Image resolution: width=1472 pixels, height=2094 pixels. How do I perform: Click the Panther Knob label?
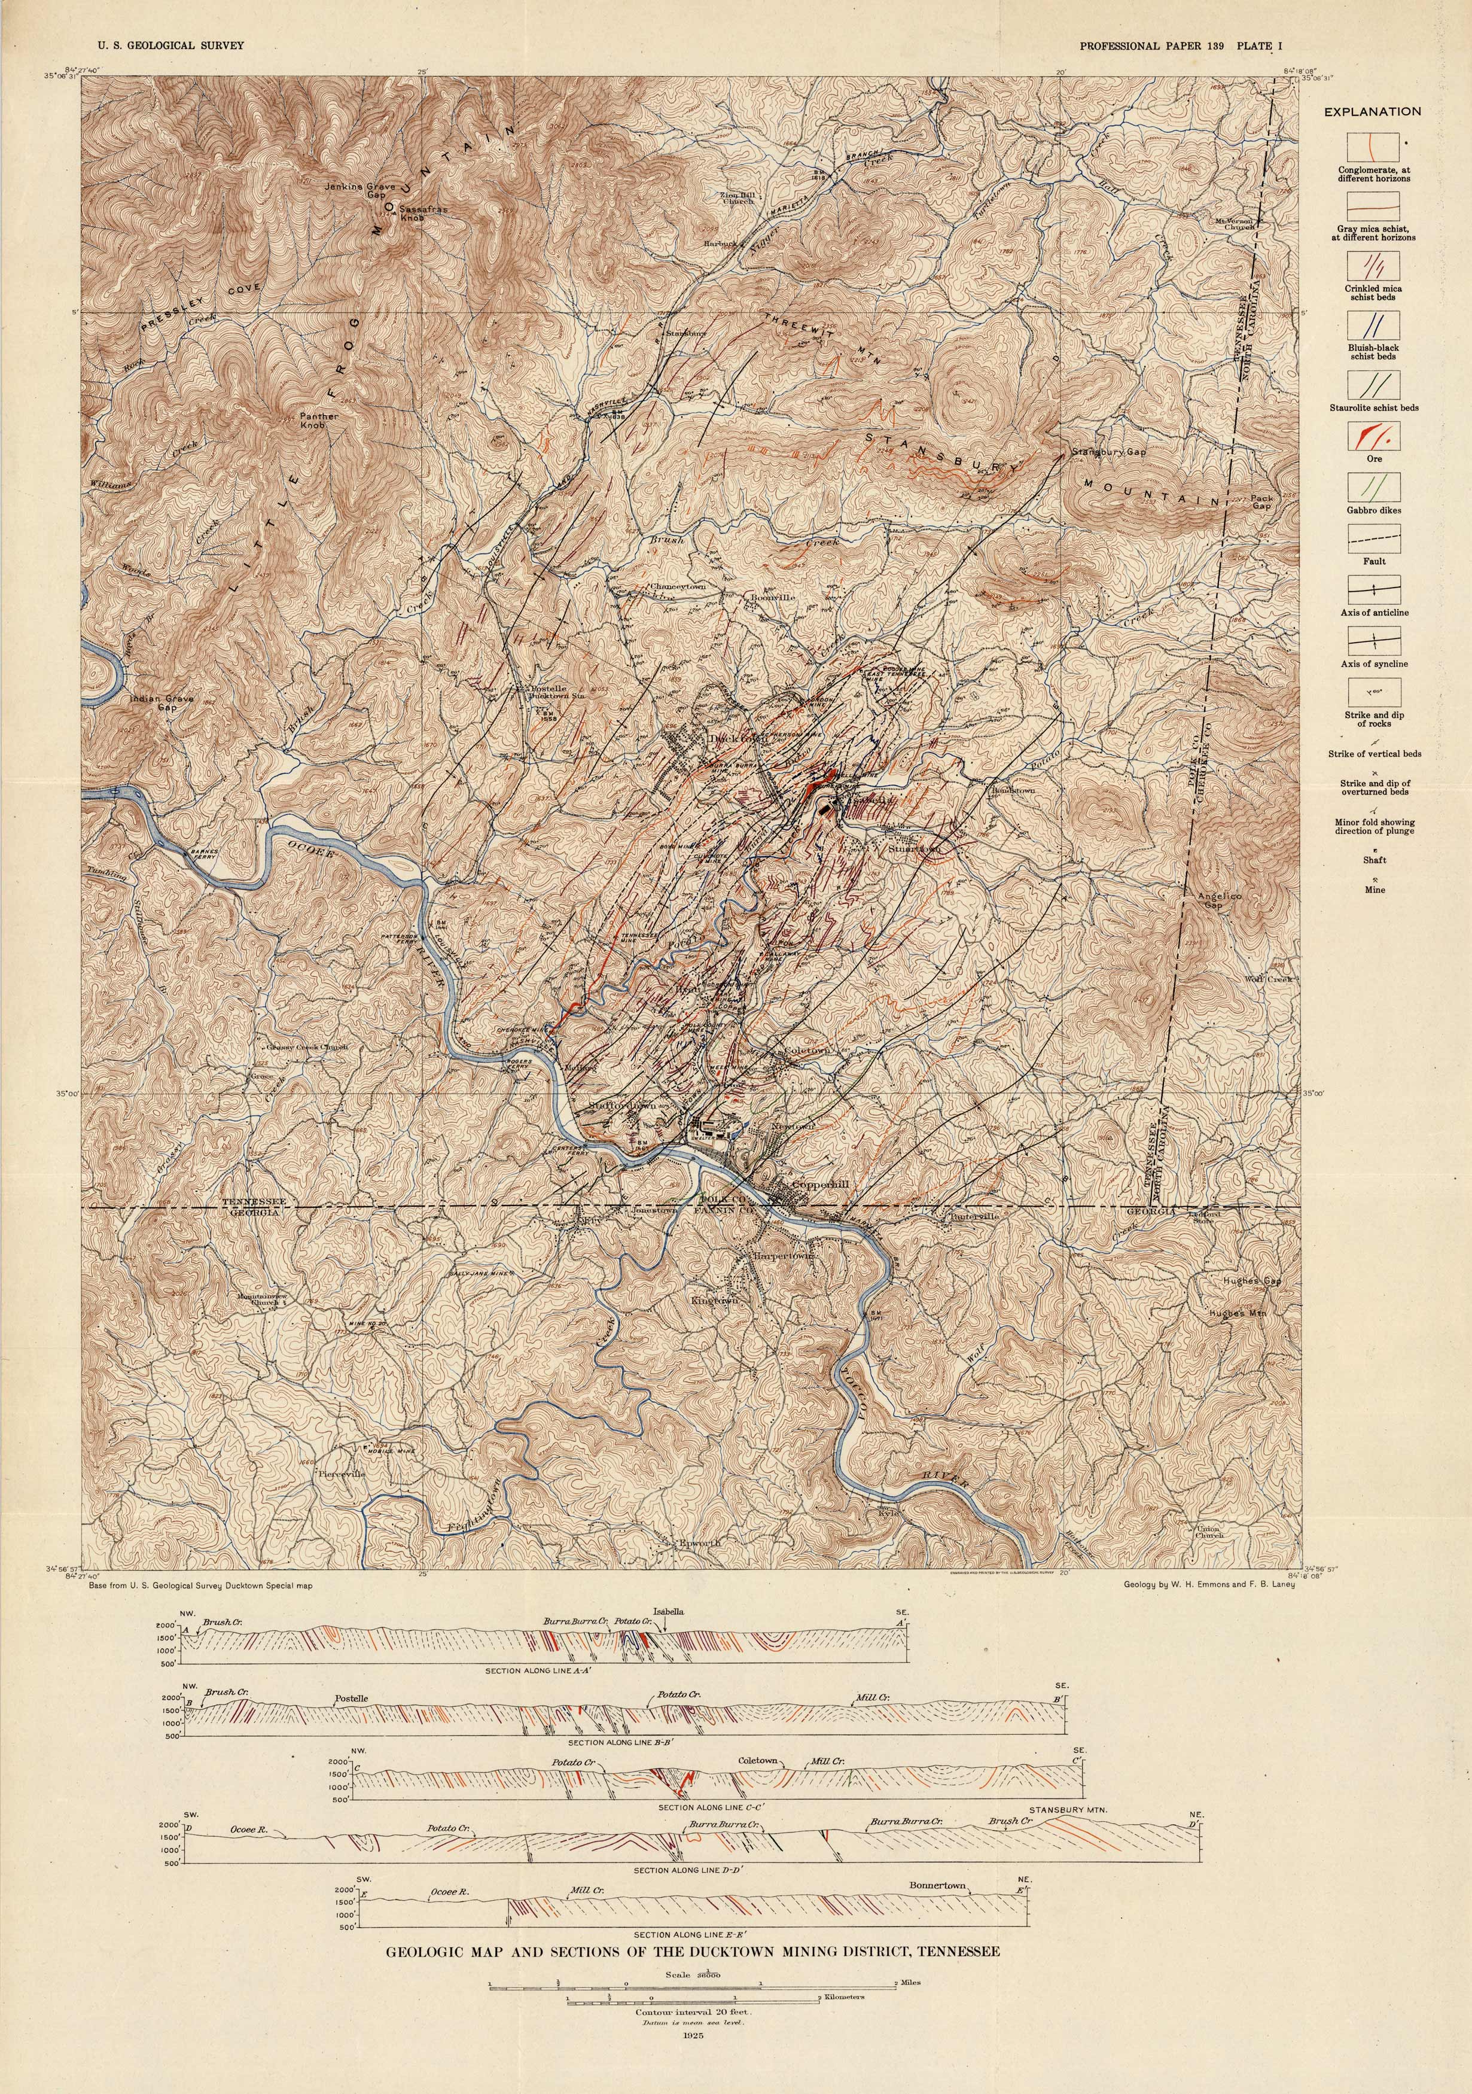(x=319, y=421)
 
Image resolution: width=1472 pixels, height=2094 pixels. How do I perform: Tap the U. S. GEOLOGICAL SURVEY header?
(x=163, y=45)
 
